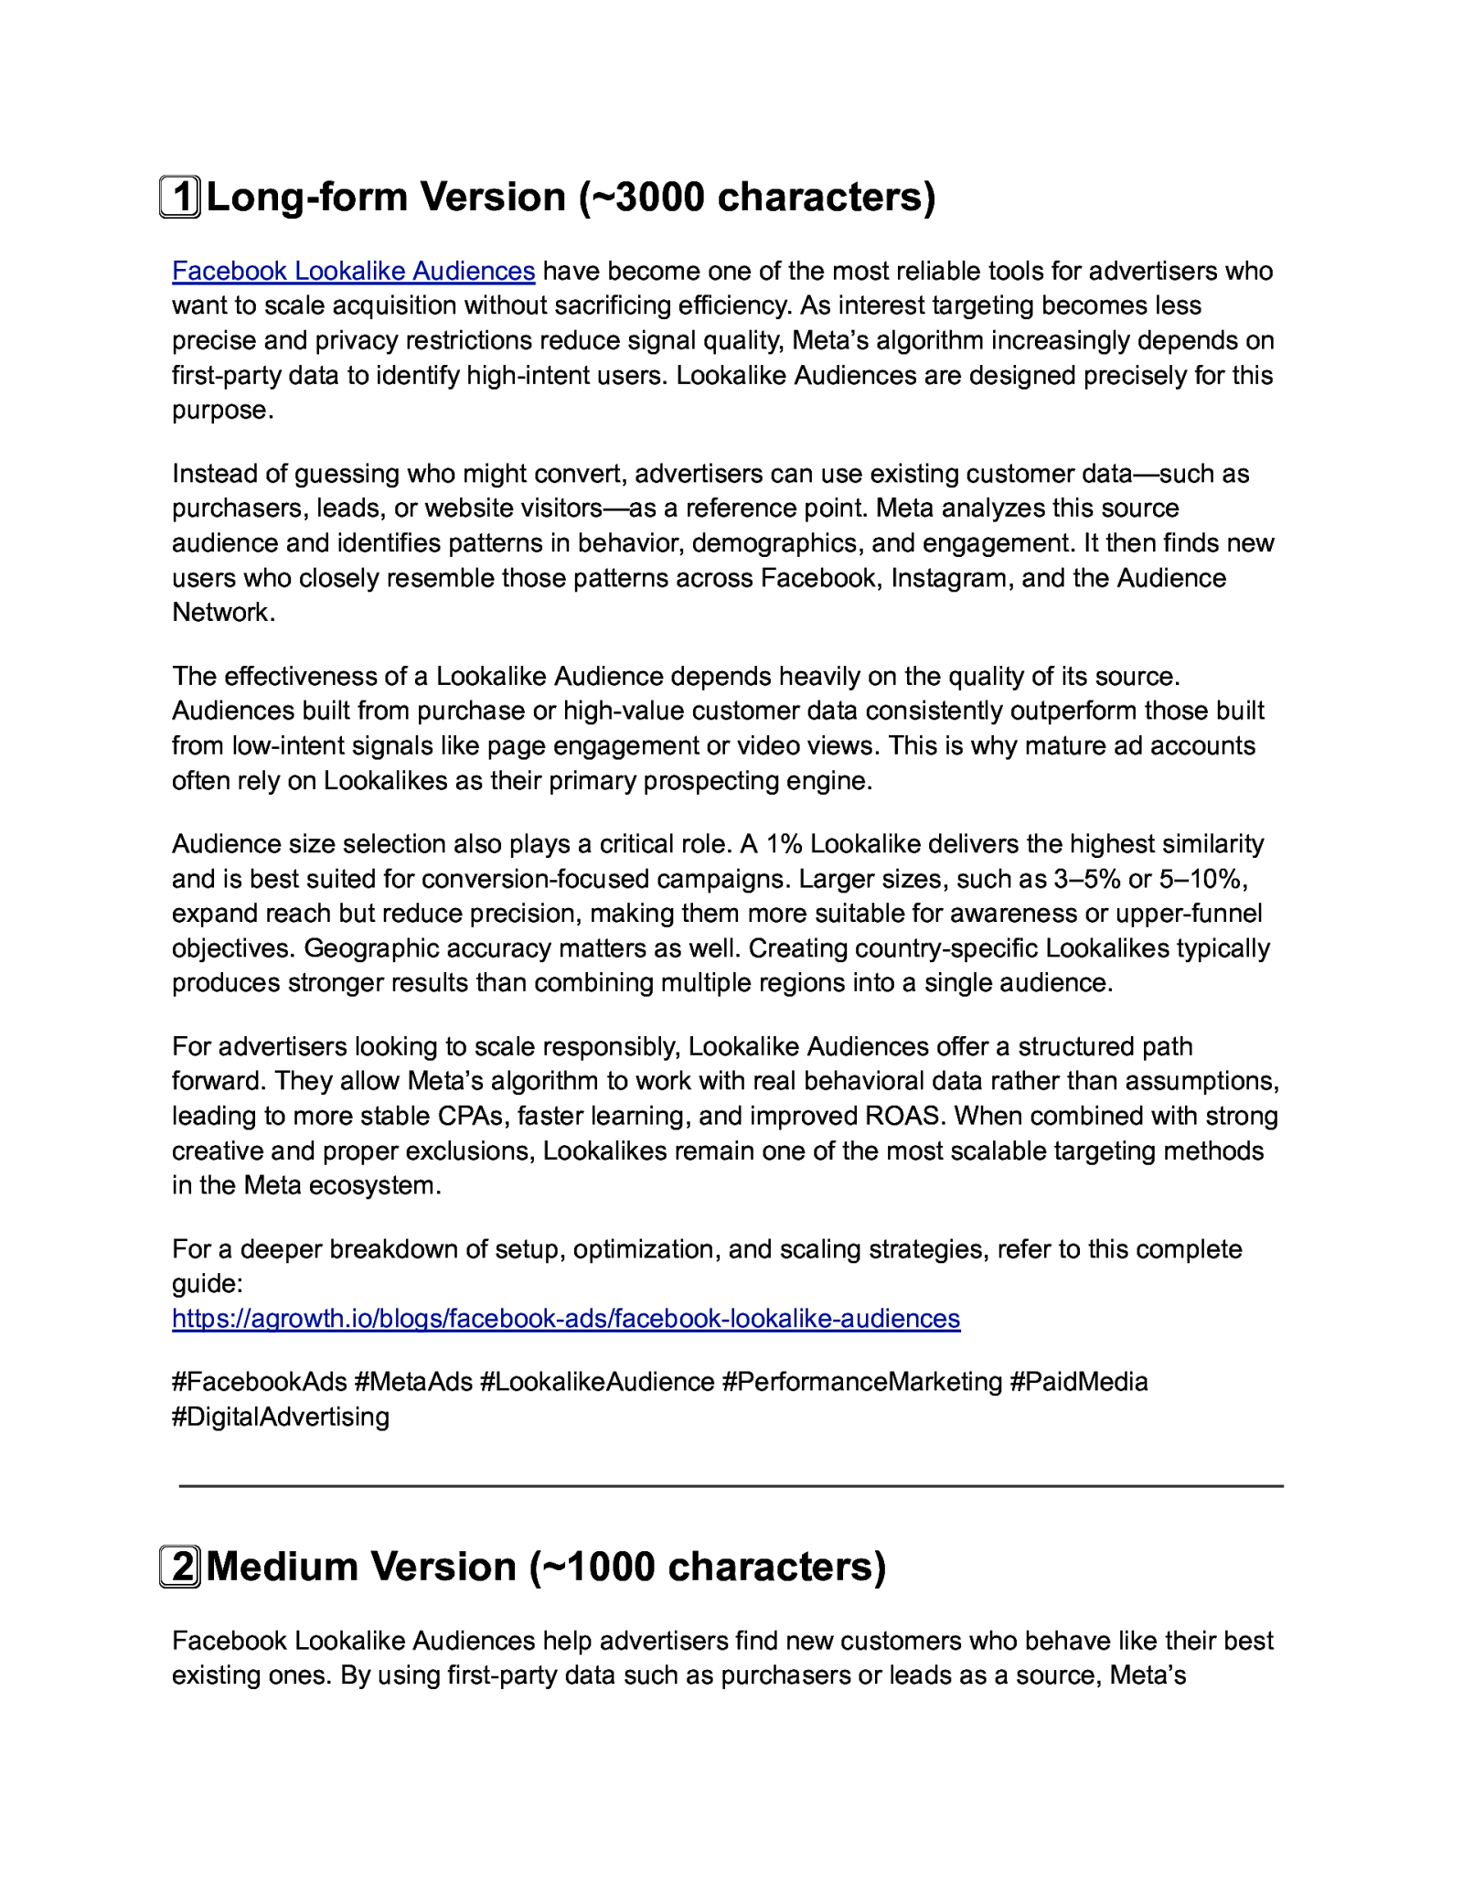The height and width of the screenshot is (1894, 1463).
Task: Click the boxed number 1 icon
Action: coord(180,198)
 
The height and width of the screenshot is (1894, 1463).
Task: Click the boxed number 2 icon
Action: coord(180,1567)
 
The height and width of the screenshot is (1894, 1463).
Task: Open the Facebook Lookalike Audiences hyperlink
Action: coord(353,271)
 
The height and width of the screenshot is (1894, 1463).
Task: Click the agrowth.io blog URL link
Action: coord(566,1318)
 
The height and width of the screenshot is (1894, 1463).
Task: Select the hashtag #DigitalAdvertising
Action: coord(281,1417)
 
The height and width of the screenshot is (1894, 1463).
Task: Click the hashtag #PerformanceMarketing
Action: coord(862,1381)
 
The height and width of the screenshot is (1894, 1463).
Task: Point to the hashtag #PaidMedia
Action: coord(1079,1381)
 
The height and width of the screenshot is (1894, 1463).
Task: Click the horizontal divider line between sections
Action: coord(731,1486)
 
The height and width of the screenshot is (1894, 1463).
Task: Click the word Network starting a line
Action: coord(223,613)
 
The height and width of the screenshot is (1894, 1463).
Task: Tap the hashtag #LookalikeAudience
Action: coord(597,1381)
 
